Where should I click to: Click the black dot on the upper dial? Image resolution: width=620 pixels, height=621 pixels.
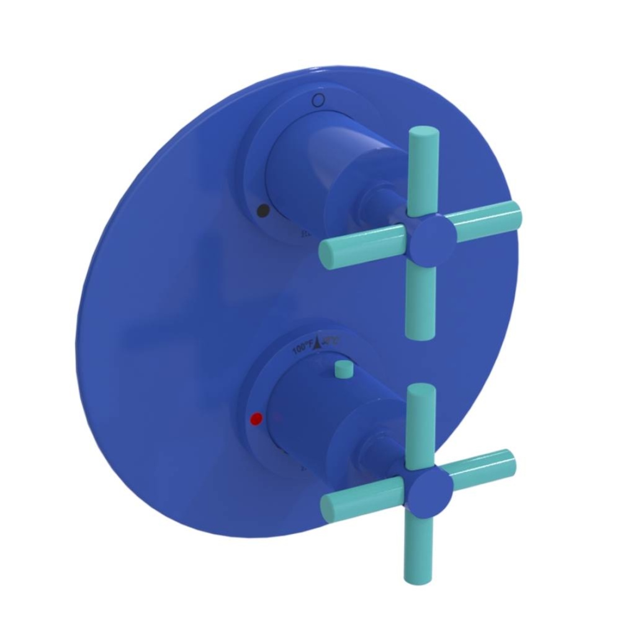263,211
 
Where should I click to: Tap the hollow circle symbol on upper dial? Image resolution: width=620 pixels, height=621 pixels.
318,100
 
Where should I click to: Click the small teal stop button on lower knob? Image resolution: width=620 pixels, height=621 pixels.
341,370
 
